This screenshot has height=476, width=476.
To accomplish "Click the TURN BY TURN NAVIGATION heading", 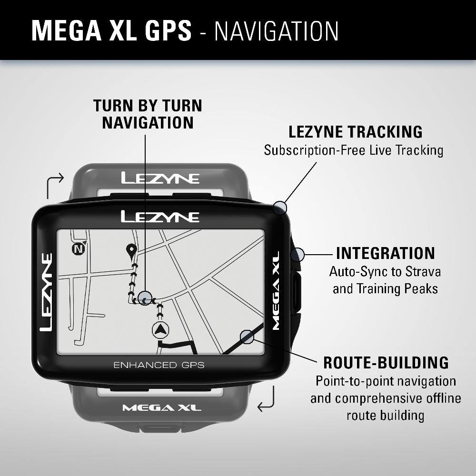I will (148, 114).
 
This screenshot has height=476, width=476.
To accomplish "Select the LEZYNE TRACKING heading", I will (356, 132).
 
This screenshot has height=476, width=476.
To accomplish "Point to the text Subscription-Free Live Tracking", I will (354, 150).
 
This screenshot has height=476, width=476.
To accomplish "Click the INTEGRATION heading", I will (386, 253).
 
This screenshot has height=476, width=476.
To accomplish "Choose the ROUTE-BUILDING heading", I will (386, 363).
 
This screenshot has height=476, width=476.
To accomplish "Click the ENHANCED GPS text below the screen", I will (159, 365).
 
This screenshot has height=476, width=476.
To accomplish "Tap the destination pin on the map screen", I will (131, 250).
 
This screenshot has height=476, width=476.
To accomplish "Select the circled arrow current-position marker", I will (160, 329).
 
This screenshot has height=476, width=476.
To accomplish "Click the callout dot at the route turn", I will (145, 298).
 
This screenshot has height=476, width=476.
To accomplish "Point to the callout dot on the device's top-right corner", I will (280, 208).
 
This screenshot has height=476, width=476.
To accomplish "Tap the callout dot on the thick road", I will (247, 337).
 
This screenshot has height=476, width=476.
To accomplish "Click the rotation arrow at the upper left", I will (55, 186).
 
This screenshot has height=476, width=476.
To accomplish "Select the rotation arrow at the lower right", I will (266, 399).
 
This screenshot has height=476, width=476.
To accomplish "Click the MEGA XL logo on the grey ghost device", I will (162, 408).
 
